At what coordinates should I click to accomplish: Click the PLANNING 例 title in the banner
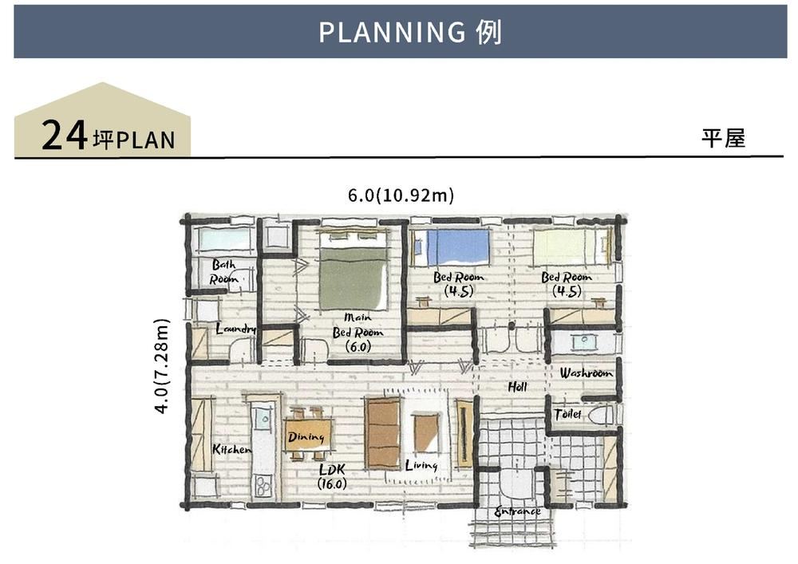tap(410, 32)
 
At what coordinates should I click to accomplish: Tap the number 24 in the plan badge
tap(64, 135)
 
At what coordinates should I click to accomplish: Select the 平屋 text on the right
tap(723, 138)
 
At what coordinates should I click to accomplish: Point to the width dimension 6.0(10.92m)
tap(401, 195)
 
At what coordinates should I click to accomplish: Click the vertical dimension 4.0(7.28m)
tap(161, 365)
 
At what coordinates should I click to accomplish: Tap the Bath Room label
tap(224, 271)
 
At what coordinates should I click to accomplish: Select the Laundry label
tap(235, 329)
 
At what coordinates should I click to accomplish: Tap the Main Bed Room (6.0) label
tap(358, 333)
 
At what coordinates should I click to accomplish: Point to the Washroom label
tap(586, 373)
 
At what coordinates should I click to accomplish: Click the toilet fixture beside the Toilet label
tap(602, 416)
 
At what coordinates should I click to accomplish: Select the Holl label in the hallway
tap(517, 387)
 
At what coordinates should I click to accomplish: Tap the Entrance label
tap(518, 511)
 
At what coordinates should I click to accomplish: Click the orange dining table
tap(308, 435)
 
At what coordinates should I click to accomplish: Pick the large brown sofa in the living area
tap(383, 433)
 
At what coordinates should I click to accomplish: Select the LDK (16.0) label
tap(332, 476)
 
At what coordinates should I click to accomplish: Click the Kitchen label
tap(231, 449)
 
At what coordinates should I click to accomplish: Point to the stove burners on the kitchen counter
tap(263, 485)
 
